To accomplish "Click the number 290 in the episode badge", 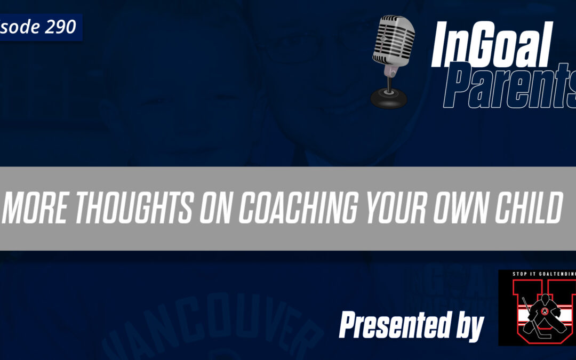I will (60, 27).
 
